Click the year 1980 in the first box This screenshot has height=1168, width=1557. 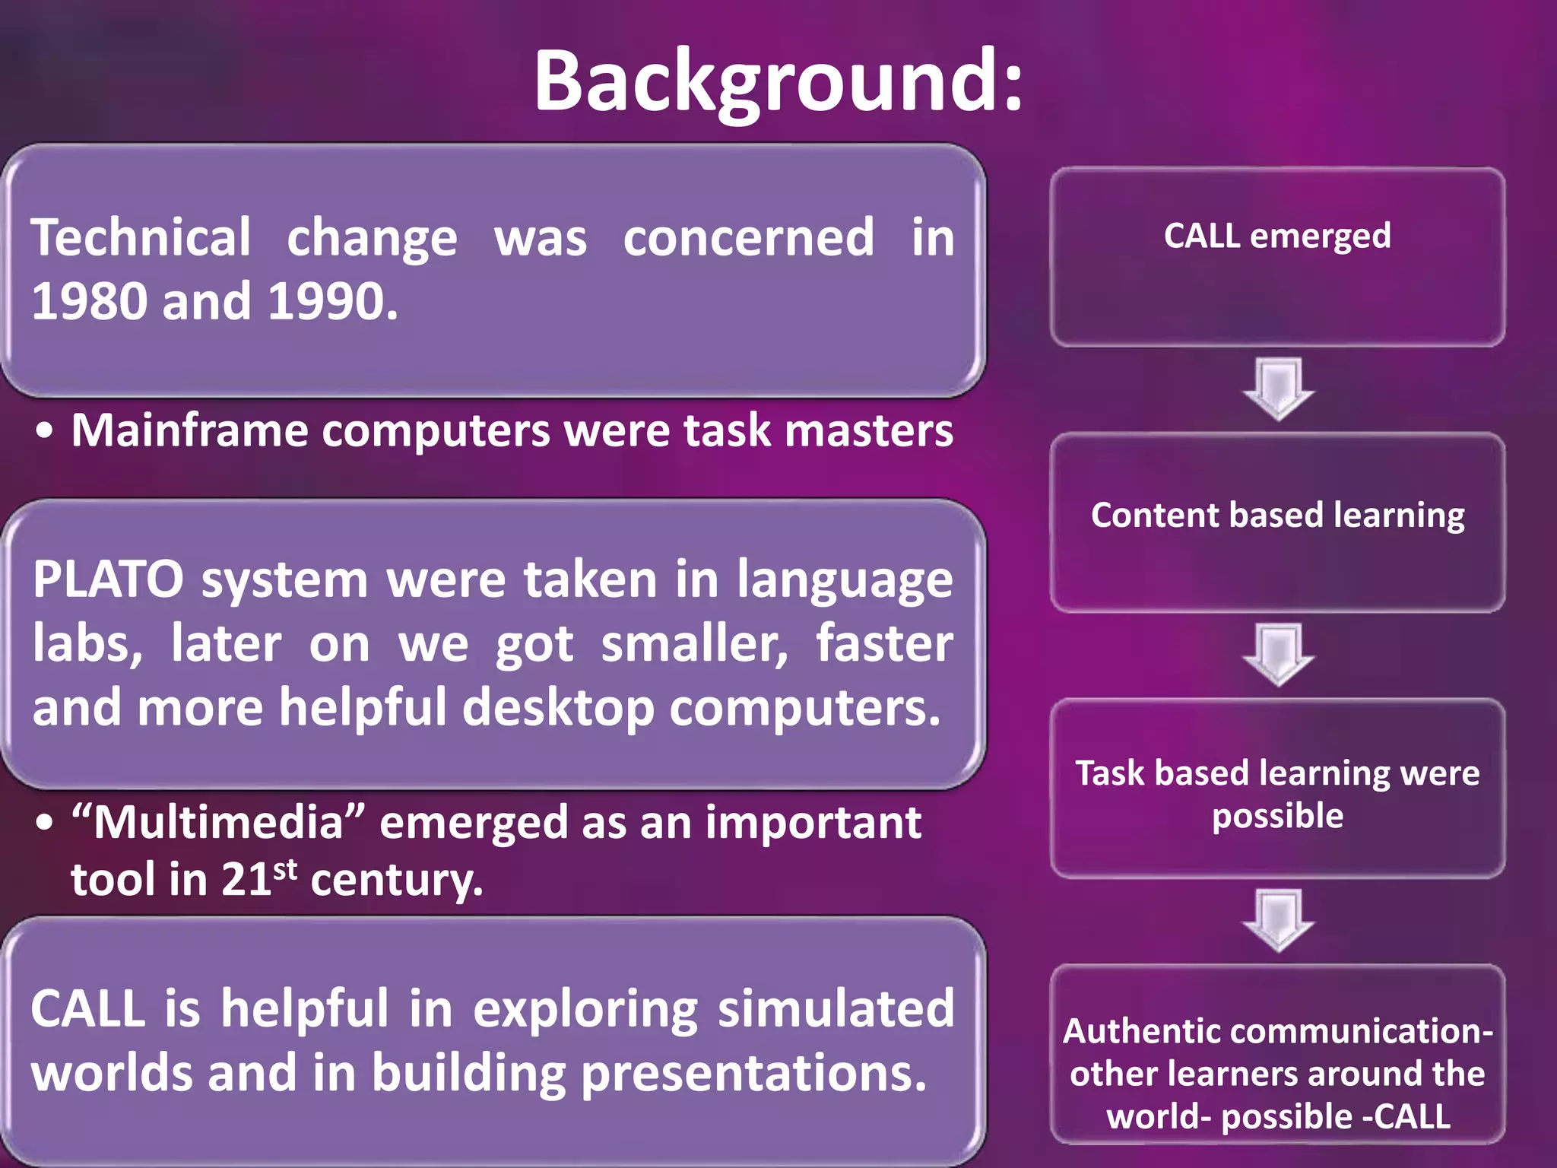click(89, 302)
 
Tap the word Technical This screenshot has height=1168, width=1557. click(141, 238)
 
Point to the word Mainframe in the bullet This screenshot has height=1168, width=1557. click(190, 431)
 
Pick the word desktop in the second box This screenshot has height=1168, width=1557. click(558, 708)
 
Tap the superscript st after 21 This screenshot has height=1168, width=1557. click(285, 868)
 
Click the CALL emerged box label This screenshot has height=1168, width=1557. click(1277, 236)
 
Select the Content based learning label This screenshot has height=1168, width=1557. click(1277, 516)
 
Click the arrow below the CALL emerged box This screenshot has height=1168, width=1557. click(1278, 388)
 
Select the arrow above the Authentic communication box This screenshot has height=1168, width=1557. click(1278, 919)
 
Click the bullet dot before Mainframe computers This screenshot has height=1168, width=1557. click(45, 431)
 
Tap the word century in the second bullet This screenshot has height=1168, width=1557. click(396, 881)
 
